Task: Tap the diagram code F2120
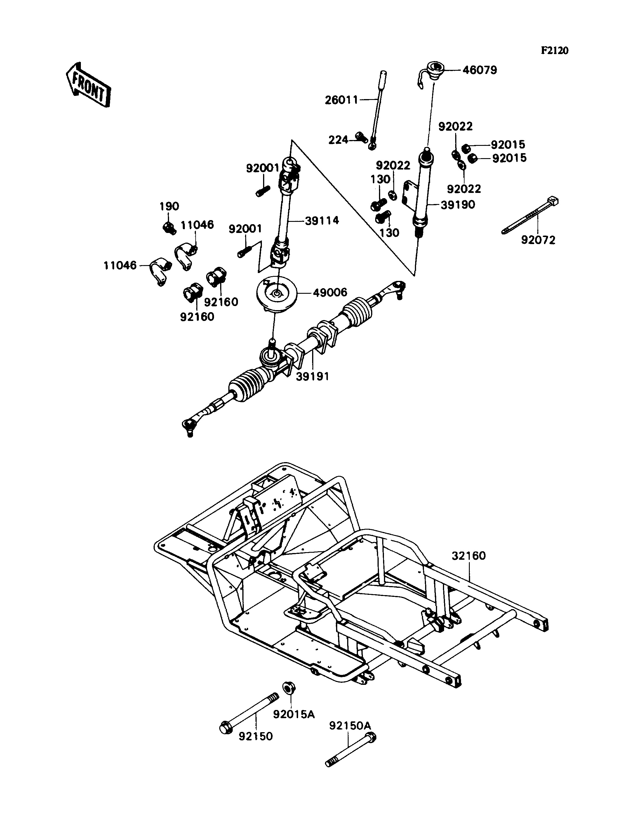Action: (x=555, y=51)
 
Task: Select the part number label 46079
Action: (x=480, y=70)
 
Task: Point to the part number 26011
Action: (x=342, y=100)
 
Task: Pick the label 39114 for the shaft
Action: (x=322, y=220)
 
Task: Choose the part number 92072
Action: (x=538, y=240)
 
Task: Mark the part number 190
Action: (x=169, y=206)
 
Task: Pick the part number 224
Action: (x=339, y=140)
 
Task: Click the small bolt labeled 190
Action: (x=169, y=228)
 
